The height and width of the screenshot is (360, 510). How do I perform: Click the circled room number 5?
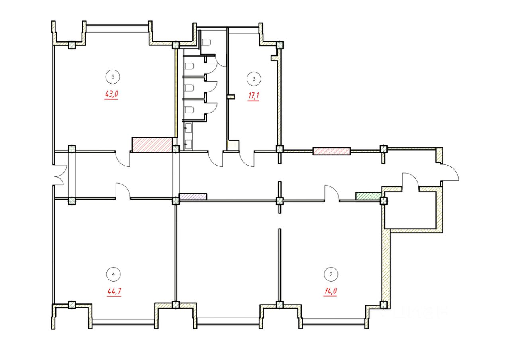click(x=113, y=77)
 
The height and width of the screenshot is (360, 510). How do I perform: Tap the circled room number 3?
click(x=254, y=79)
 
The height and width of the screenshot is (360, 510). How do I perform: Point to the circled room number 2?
click(x=331, y=274)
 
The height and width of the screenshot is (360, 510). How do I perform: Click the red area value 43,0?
click(x=112, y=94)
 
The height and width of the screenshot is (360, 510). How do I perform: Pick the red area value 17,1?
click(x=253, y=96)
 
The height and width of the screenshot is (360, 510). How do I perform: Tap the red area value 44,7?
click(x=114, y=292)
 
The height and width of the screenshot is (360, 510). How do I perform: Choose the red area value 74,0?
click(x=330, y=292)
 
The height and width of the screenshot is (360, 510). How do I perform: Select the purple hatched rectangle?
click(x=193, y=196)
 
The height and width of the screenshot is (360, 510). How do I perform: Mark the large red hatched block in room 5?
click(x=152, y=145)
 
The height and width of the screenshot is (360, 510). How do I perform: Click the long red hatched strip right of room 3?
click(x=331, y=151)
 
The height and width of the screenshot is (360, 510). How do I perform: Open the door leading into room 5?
click(x=123, y=159)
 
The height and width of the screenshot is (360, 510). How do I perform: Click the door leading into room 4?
click(x=123, y=190)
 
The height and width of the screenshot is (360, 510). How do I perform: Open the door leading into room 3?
click(x=247, y=159)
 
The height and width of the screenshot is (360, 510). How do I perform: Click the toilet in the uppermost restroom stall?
click(x=206, y=42)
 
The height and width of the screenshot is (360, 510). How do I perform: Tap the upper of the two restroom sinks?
click(x=189, y=128)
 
